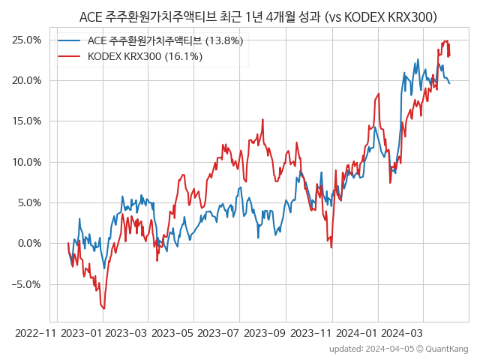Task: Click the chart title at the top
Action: click(258, 16)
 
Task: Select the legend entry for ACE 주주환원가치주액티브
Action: click(165, 40)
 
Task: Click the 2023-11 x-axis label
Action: click(310, 332)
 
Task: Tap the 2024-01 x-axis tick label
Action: click(357, 332)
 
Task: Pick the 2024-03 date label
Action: click(403, 332)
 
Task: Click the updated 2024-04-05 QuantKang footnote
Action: click(398, 349)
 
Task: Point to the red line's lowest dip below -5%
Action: click(104, 308)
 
